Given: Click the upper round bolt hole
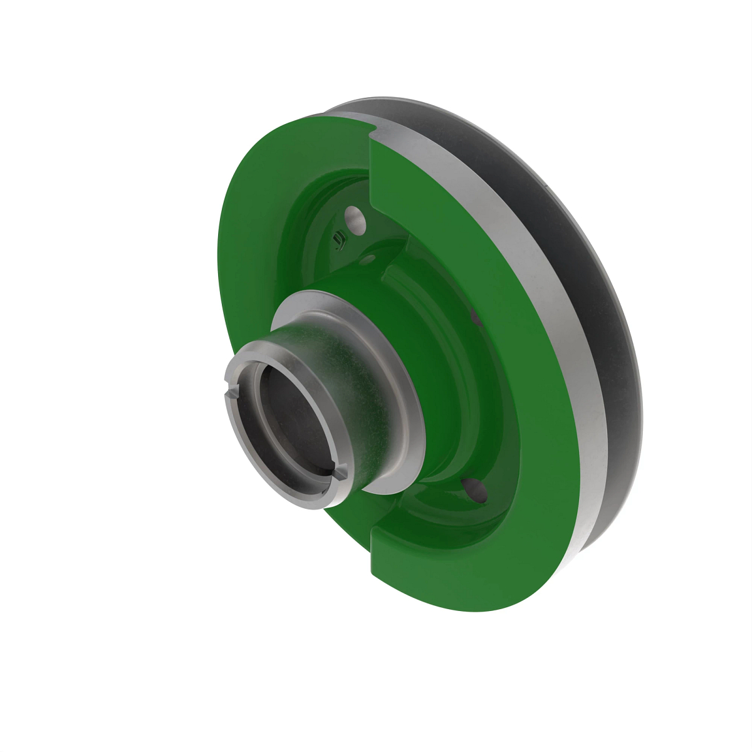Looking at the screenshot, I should (x=355, y=220).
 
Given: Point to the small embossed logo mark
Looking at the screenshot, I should (x=340, y=239).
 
